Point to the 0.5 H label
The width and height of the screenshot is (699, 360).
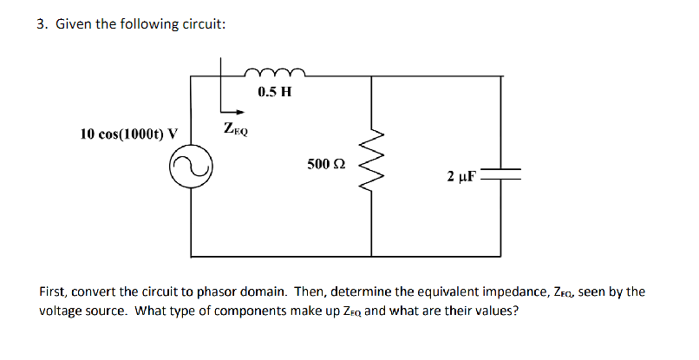click(x=274, y=91)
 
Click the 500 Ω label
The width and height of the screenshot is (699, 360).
click(x=326, y=163)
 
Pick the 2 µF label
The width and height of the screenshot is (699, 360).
click(x=461, y=176)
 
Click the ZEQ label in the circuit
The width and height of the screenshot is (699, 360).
click(x=235, y=130)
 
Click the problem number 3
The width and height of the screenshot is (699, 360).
click(x=41, y=24)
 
